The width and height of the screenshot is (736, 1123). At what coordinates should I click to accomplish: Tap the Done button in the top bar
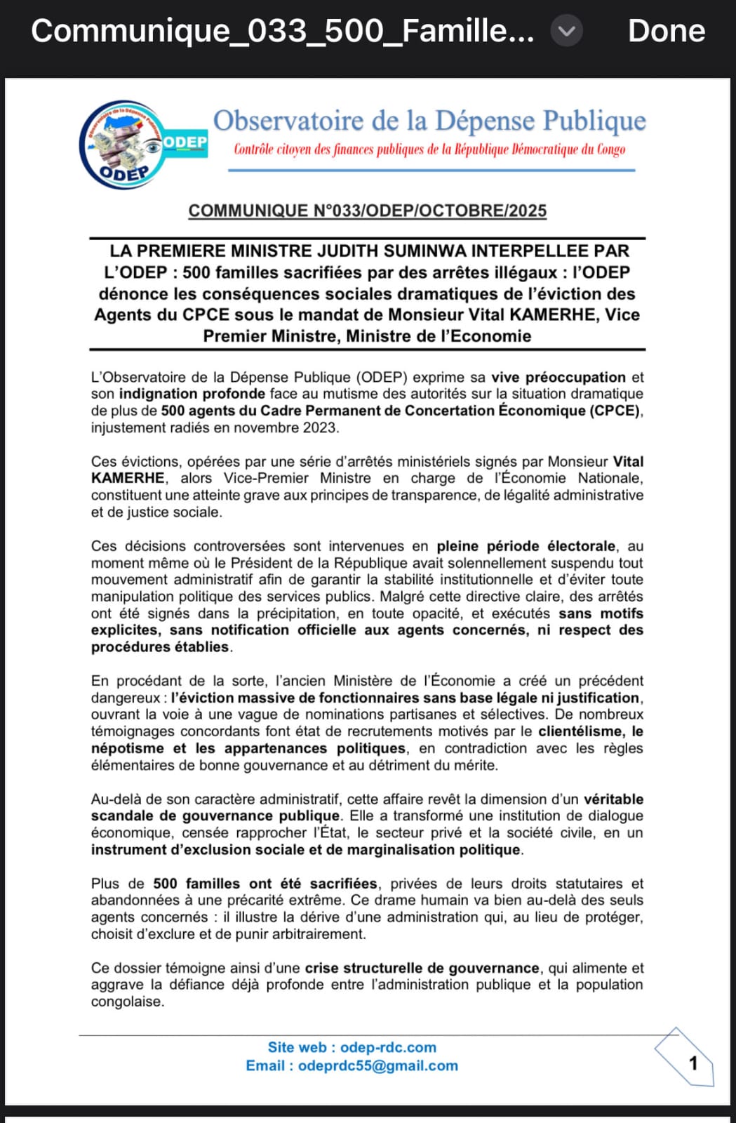click(x=666, y=32)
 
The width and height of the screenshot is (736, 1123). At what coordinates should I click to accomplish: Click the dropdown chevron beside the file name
click(x=566, y=32)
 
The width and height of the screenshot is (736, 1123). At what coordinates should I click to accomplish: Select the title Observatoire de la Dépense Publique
click(x=429, y=121)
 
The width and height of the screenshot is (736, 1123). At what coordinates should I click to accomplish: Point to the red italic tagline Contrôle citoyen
click(x=429, y=149)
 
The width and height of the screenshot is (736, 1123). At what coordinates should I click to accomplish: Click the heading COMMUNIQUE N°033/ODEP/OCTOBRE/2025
click(x=367, y=211)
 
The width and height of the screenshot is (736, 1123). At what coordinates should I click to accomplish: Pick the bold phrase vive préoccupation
click(x=558, y=378)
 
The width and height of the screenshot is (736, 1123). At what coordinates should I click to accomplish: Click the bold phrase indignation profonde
click(x=192, y=394)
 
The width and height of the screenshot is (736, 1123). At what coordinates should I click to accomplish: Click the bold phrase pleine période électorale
click(x=526, y=546)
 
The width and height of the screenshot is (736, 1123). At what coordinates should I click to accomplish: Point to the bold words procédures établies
click(x=160, y=647)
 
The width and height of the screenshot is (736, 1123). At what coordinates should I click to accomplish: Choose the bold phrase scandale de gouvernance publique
click(x=215, y=816)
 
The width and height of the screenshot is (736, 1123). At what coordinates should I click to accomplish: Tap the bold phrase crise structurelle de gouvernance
click(x=422, y=968)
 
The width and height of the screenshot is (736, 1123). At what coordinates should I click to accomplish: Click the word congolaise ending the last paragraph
click(x=127, y=1002)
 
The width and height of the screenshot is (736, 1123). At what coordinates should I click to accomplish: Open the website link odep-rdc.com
click(x=388, y=1047)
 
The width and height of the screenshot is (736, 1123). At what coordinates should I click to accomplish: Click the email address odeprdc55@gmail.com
click(x=377, y=1065)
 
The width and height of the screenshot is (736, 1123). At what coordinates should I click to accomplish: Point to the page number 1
click(x=693, y=1063)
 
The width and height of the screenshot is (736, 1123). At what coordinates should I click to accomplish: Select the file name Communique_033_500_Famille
click(x=282, y=32)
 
